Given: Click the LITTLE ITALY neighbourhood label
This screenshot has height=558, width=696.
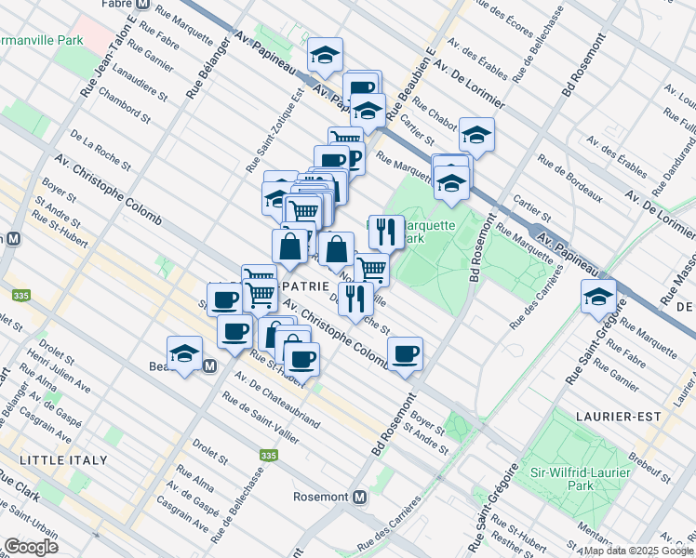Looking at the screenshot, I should (63, 459).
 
